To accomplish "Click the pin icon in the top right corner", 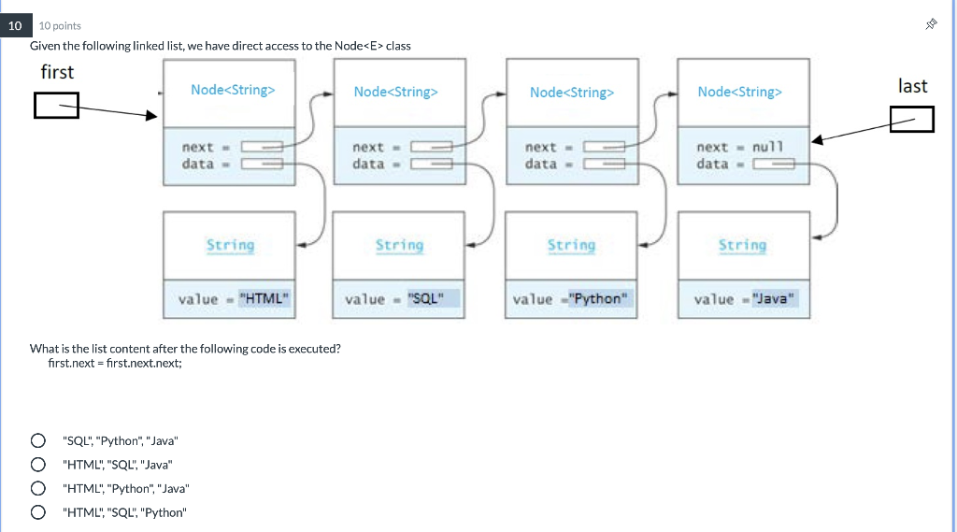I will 930,25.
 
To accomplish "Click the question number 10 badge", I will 15,25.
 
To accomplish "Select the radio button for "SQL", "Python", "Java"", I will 38,440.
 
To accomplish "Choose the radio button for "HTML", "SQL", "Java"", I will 38,464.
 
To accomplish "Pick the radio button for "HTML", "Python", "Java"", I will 38,488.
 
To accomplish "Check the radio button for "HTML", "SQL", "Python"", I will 38,512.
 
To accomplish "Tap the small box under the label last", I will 911,119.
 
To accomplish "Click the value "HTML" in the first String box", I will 264,299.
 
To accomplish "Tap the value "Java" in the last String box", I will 771,299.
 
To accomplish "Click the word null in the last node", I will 767,147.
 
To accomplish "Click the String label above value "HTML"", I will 230,245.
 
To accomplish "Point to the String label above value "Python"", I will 571,245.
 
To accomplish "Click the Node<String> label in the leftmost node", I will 233,90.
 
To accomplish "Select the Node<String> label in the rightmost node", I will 739,92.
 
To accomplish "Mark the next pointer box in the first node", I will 263,147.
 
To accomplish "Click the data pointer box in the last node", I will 773,165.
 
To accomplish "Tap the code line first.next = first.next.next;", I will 115,363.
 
